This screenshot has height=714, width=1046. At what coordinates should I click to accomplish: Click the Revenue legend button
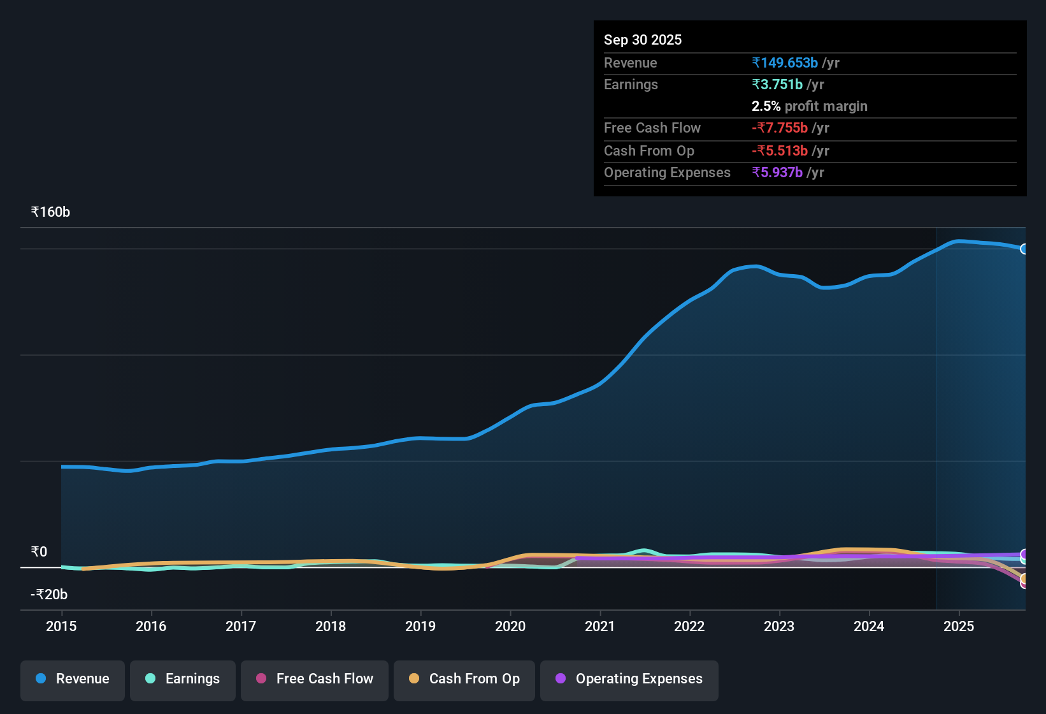73,679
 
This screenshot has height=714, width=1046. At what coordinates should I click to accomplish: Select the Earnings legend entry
183,679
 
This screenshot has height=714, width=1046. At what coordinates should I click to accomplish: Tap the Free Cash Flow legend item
315,679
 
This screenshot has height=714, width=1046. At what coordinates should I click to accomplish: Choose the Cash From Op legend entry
464,679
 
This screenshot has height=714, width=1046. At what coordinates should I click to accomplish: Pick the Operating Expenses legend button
629,679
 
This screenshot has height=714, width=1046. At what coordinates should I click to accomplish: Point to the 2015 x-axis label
61,626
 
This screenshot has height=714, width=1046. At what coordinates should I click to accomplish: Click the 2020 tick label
510,626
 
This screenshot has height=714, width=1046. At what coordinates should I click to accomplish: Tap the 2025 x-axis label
959,626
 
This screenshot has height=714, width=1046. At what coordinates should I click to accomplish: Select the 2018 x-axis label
331,626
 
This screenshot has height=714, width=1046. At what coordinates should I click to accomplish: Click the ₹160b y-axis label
50,212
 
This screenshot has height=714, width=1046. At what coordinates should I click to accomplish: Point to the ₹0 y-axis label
39,552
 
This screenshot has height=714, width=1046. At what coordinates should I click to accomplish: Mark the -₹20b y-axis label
49,595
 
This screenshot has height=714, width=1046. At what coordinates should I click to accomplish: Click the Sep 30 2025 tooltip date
643,40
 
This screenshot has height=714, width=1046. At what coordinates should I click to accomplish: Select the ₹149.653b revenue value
785,62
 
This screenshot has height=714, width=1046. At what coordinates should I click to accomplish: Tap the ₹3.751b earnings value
777,84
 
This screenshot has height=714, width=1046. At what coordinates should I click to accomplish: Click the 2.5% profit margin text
809,106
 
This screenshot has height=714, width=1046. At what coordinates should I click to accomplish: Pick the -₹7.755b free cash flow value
780,127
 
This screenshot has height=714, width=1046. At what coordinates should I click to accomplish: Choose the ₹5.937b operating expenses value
777,172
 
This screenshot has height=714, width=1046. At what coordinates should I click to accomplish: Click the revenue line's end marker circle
1024,249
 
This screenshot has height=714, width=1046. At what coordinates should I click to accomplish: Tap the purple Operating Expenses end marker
1024,554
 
